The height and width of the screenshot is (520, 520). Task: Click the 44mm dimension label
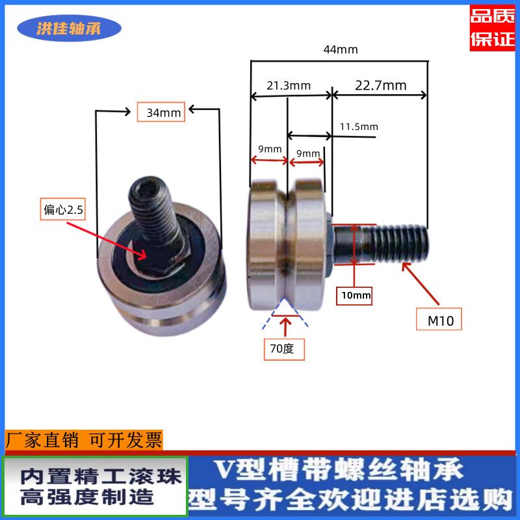[x=340, y=49]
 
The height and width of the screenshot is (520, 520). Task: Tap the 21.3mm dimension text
[x=289, y=85]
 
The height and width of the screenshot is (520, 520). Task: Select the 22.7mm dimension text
[x=381, y=85]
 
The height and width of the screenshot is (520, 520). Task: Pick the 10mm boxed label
[x=354, y=296]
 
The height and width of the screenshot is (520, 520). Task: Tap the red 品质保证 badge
[x=493, y=27]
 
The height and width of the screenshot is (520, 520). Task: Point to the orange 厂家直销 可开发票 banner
[x=84, y=441]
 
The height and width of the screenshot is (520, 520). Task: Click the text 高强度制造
[x=88, y=497]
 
